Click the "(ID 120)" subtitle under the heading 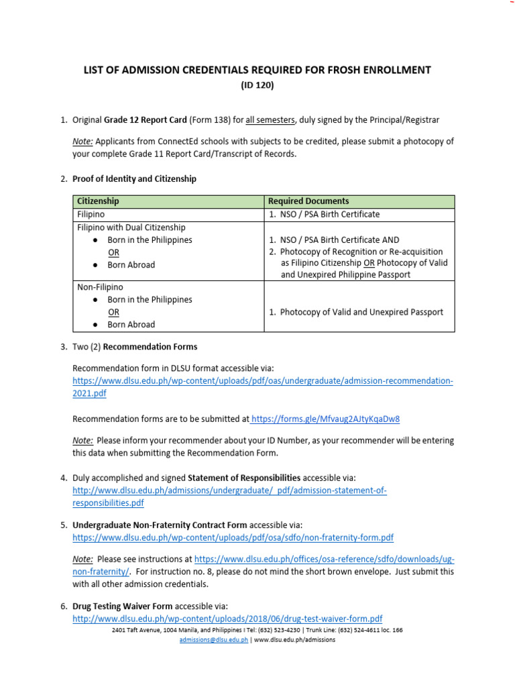(257, 85)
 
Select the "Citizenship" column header (98, 201)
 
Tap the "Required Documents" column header (308, 201)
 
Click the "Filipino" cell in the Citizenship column (91, 214)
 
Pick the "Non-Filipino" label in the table (101, 286)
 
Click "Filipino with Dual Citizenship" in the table (131, 227)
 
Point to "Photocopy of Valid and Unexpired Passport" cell (361, 312)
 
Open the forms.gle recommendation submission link (326, 419)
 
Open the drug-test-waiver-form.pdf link (227, 619)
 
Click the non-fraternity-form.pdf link (233, 537)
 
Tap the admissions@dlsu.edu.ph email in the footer (214, 640)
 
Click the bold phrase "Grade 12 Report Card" (145, 120)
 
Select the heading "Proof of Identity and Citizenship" (134, 179)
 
